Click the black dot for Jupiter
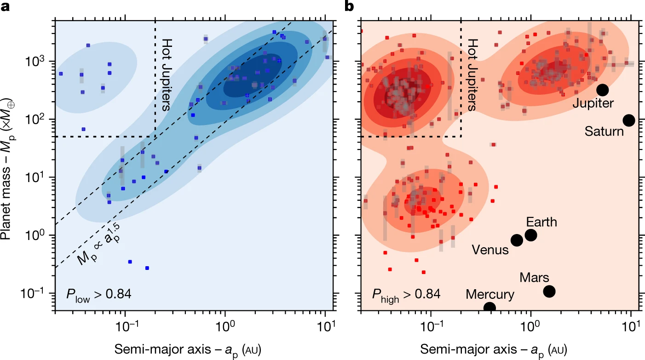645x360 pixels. tap(603, 90)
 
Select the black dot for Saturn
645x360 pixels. tap(629, 120)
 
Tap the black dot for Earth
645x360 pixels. tap(531, 235)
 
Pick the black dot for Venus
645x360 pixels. tap(517, 240)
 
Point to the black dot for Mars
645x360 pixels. tap(549, 291)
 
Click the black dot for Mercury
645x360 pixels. tap(490, 308)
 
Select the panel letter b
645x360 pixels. tap(349, 6)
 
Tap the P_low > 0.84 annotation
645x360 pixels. tap(98, 293)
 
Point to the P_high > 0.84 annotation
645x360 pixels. tap(407, 293)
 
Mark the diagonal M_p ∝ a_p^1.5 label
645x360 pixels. tap(98, 247)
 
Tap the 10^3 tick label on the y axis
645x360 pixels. tap(40, 61)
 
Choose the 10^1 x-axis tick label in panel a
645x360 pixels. tap(325, 328)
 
